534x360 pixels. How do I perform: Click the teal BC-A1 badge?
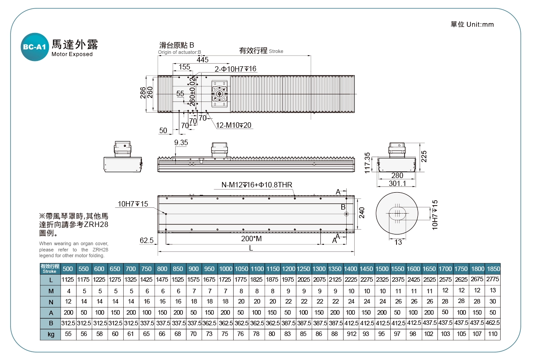(x=34, y=46)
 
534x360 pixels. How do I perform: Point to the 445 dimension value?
(x=202, y=60)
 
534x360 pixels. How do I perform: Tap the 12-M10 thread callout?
(x=234, y=125)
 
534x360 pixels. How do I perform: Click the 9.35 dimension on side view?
(x=181, y=142)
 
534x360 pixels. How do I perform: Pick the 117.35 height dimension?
(x=367, y=163)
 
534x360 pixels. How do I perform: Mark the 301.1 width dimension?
(x=397, y=183)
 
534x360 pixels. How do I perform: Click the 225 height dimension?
(x=424, y=157)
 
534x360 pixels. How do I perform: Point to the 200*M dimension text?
(x=251, y=239)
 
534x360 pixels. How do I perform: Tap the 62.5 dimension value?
(x=146, y=240)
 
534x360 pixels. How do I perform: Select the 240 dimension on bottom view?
(x=362, y=213)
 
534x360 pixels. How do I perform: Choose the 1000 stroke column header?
(x=226, y=269)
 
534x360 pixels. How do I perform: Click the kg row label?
(x=51, y=334)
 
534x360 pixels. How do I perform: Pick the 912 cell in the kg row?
(x=350, y=334)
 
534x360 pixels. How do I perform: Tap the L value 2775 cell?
(x=493, y=279)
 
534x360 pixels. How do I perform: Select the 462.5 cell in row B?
(x=493, y=323)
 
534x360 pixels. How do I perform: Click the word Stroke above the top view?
(x=276, y=51)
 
